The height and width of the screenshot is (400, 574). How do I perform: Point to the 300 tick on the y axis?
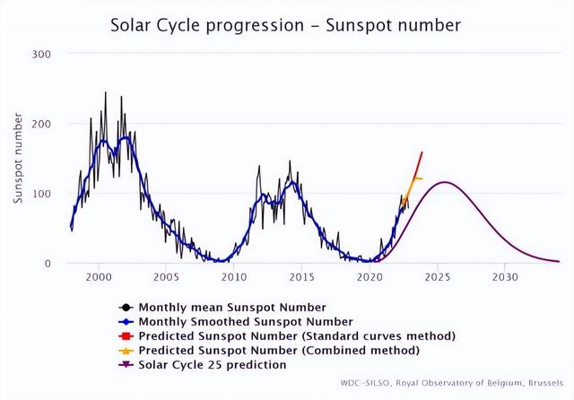coord(43,54)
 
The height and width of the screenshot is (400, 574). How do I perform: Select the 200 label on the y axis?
coord(43,124)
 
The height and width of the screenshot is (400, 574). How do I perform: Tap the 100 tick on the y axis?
coord(43,194)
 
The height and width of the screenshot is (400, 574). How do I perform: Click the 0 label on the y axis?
coord(48,264)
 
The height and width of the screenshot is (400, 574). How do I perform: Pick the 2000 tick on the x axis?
coord(99,278)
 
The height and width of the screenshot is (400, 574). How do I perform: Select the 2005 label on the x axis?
coord(166,278)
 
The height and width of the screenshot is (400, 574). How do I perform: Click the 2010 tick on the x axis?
coord(234,278)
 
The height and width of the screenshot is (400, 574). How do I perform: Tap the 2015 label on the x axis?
coord(302,278)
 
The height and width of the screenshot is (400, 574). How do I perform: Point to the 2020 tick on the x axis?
coord(370,278)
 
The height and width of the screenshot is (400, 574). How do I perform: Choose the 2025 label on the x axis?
coord(438,278)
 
